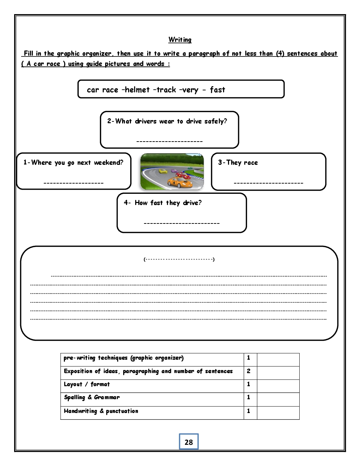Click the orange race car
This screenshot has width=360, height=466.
point(180,183)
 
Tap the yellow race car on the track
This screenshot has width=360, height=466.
point(163,171)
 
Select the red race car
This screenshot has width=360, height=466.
point(181,174)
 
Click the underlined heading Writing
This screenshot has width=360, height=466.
point(180,40)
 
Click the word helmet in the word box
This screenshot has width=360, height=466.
point(137,90)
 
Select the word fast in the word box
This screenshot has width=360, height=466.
point(217,90)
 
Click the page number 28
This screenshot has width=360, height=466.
point(189,442)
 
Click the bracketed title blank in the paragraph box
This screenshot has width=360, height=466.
point(179,259)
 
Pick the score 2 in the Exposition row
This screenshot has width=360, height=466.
point(249,371)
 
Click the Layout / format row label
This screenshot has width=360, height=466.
point(87,384)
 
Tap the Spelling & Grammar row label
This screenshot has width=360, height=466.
point(92,398)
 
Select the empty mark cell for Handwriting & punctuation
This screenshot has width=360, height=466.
point(278,412)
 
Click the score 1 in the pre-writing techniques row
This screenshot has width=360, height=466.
point(249,358)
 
